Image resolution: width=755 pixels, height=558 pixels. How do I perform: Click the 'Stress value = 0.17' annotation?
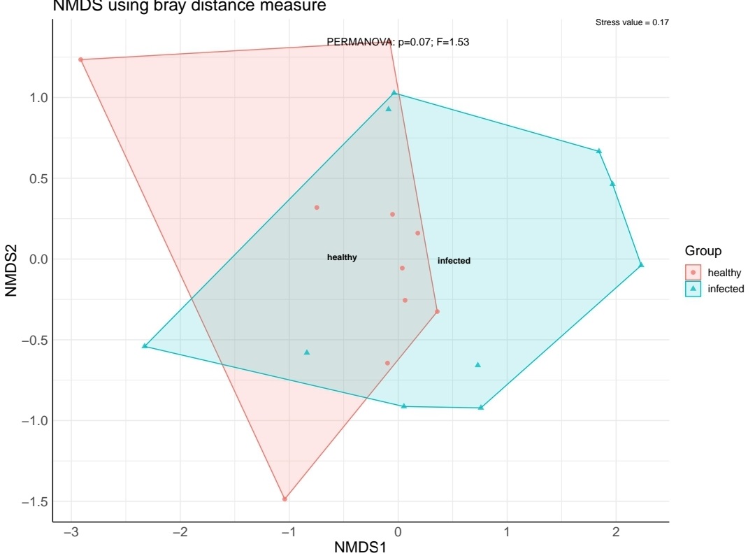632,23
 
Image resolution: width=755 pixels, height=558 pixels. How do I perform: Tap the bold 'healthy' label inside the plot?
342,257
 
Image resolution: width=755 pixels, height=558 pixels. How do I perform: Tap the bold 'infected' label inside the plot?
454,261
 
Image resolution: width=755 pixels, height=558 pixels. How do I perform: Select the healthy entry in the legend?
724,273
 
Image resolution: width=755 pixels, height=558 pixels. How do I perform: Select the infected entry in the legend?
726,288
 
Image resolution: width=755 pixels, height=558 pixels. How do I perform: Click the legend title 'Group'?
703,251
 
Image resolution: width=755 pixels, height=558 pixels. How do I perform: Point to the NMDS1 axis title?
360,548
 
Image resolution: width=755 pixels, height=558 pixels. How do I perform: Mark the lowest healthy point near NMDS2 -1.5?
285,499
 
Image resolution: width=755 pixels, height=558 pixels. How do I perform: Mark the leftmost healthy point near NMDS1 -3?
80,60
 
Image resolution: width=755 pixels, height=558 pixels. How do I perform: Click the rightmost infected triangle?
641,264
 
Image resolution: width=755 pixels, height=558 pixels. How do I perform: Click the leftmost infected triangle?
145,345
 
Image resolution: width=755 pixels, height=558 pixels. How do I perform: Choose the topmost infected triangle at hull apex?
394,92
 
